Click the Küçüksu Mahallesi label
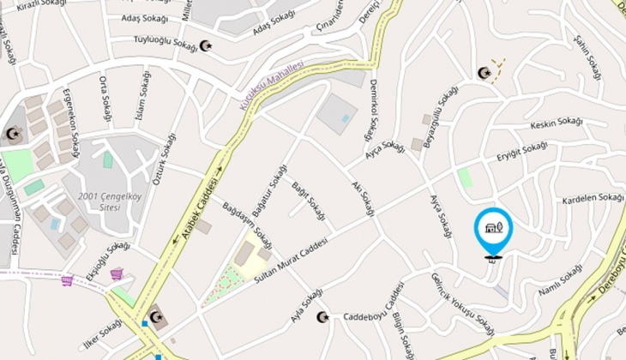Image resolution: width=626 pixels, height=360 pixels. [x=270, y=93]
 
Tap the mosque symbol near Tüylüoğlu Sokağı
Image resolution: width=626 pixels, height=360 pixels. [x=205, y=45]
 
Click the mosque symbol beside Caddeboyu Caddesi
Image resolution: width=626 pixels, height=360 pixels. [x=322, y=317]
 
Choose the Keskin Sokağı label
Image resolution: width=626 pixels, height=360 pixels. [x=557, y=124]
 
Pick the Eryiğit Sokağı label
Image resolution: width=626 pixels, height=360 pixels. [x=522, y=153]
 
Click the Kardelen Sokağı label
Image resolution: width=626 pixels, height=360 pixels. [x=593, y=199]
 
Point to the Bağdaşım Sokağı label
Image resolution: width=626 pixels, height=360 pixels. [x=248, y=225]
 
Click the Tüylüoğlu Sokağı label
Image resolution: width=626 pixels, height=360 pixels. [x=166, y=42]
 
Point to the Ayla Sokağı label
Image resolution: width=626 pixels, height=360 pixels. [x=307, y=307]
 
